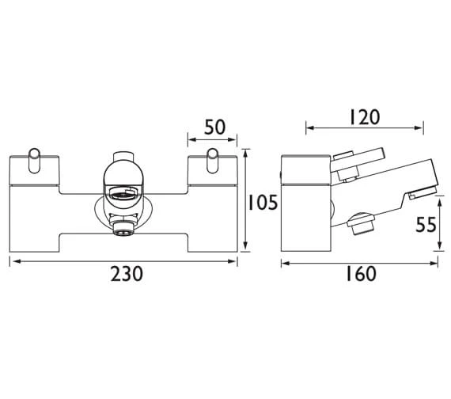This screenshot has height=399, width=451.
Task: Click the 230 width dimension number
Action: tap(127, 274)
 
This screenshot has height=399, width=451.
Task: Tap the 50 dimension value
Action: tap(214, 127)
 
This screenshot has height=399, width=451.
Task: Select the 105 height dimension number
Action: tap(263, 203)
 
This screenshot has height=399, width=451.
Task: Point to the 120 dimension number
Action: tap(365, 117)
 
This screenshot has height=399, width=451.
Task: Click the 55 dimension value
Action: tap(426, 225)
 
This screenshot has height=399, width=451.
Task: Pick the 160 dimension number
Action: tap(361, 274)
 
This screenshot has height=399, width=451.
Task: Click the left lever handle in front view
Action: tap(35, 161)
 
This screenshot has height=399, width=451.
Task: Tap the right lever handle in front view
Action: tap(213, 161)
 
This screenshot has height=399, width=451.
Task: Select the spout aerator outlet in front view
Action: tap(123, 192)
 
